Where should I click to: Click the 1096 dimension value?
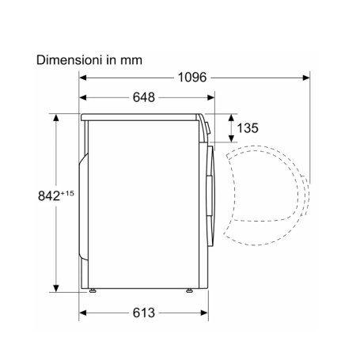coord(192,78)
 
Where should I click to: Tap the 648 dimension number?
coord(144,97)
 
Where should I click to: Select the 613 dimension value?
coord(144,313)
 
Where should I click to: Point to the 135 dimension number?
coord(248,128)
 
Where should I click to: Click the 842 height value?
coord(49,196)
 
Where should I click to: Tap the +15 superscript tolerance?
coord(67,193)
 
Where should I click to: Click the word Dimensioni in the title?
coord(69,60)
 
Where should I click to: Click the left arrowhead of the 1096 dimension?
coord(83,78)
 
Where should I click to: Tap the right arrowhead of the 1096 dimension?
coord(306,78)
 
